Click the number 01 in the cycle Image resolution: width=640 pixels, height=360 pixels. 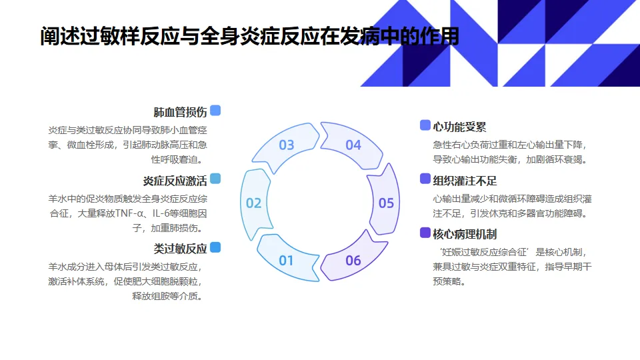pyautogui.click(x=286, y=260)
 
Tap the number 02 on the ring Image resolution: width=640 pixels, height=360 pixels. pyautogui.click(x=253, y=203)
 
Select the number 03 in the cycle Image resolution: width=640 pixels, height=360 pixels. pyautogui.click(x=286, y=145)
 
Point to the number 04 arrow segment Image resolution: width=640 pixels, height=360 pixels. pyautogui.click(x=353, y=145)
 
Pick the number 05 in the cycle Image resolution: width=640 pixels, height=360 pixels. pyautogui.click(x=386, y=203)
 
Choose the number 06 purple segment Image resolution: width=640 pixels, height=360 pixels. pyautogui.click(x=353, y=260)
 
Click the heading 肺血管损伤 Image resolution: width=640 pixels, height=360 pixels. pyautogui.click(x=180, y=112)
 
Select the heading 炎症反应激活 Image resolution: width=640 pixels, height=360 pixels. pyautogui.click(x=175, y=181)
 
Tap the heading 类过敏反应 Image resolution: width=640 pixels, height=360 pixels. pyautogui.click(x=180, y=249)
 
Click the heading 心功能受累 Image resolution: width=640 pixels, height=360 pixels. pyautogui.click(x=460, y=126)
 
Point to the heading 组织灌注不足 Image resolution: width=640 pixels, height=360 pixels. pyautogui.click(x=465, y=181)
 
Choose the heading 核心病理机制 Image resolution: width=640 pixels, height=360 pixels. pyautogui.click(x=465, y=234)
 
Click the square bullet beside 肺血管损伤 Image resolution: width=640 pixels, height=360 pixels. pyautogui.click(x=215, y=111)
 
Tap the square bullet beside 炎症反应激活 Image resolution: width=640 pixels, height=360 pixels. pyautogui.click(x=215, y=179)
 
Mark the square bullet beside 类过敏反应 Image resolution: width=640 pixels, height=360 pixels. pyautogui.click(x=215, y=247)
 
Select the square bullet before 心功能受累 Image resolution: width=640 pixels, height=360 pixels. pyautogui.click(x=425, y=125)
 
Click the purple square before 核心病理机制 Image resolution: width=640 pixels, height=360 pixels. pyautogui.click(x=425, y=233)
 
